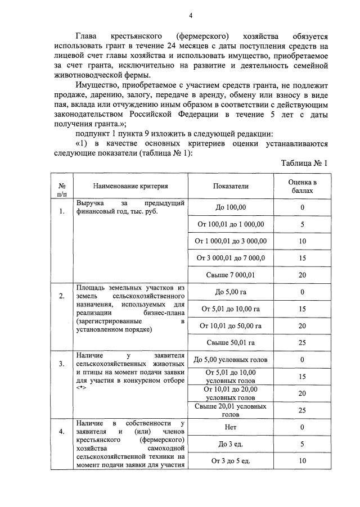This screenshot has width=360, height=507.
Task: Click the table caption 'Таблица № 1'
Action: tap(304, 164)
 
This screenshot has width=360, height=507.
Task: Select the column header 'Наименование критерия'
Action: tap(130, 186)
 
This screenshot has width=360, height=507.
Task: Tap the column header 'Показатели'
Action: tap(230, 186)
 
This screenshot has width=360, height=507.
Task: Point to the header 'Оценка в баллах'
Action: tap(302, 186)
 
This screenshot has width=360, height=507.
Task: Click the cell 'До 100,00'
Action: tap(230, 208)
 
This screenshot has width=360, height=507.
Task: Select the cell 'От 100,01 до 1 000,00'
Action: tap(230, 224)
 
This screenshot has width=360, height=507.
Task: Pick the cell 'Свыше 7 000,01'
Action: tap(230, 274)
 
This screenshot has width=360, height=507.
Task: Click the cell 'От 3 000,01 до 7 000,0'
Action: tap(230, 258)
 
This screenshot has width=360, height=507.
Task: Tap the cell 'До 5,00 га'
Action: tap(230, 292)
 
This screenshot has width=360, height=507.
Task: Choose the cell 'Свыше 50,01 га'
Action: tap(230, 342)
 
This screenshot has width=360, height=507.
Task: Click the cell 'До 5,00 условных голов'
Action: tap(230, 360)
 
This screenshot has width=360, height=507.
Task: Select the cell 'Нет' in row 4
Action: tap(230, 428)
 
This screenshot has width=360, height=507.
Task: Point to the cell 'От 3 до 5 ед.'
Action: tap(230, 461)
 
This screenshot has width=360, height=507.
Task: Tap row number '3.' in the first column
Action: tap(61, 364)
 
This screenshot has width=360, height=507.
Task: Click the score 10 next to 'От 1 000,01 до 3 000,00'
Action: tap(302, 241)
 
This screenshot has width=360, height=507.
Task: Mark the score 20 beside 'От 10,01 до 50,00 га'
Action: tap(302, 325)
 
